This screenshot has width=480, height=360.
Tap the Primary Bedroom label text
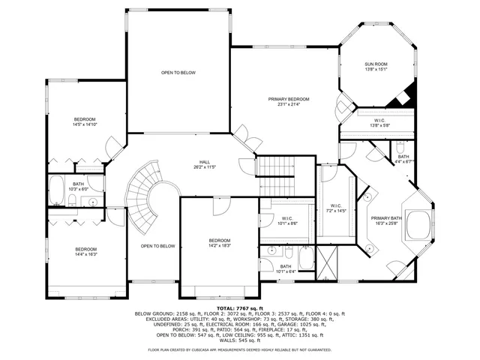[289, 101]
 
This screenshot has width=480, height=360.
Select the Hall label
[204, 164]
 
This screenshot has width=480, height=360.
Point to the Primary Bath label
[387, 220]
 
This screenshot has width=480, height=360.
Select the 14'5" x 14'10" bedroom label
[84, 122]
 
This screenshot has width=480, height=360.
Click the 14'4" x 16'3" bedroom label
[85, 252]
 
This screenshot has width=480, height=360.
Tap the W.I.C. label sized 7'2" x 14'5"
[336, 208]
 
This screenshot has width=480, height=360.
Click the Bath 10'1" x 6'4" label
[286, 268]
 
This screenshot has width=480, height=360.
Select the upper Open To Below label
[178, 73]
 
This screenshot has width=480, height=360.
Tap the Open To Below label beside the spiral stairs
[157, 246]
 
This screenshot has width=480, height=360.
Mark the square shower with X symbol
[327, 263]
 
